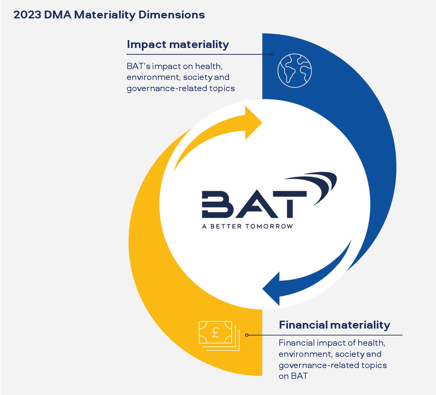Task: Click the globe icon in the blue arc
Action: click(x=295, y=70)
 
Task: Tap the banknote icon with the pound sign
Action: click(x=219, y=336)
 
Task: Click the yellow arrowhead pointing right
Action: click(x=253, y=123)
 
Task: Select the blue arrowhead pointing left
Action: click(x=271, y=289)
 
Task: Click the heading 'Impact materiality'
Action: click(x=178, y=44)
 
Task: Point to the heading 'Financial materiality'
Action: click(x=335, y=325)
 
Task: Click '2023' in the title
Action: click(x=27, y=15)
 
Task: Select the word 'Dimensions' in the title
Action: click(x=172, y=15)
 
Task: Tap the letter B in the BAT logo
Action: click(x=218, y=204)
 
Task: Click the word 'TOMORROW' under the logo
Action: click(x=269, y=226)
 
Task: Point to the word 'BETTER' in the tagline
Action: click(x=226, y=226)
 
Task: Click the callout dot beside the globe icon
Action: click(x=272, y=54)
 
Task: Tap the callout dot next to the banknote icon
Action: click(x=247, y=335)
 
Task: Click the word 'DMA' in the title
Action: click(x=58, y=15)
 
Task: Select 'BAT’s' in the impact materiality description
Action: click(x=139, y=66)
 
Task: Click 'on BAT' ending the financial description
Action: click(x=293, y=376)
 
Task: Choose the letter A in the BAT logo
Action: click(x=257, y=204)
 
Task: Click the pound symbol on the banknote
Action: click(x=216, y=333)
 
